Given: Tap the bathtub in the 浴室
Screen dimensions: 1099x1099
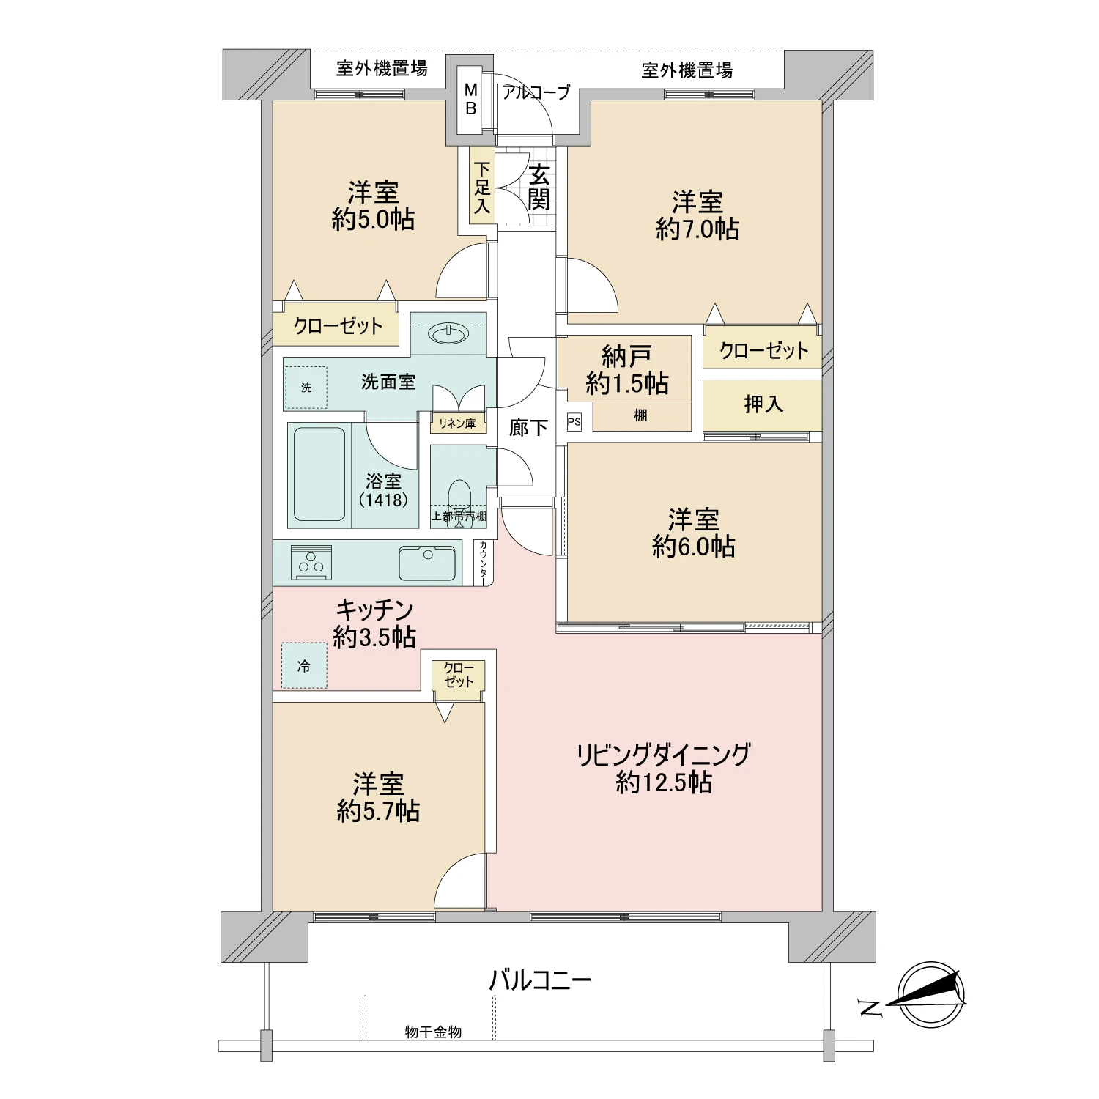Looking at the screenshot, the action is point(319,474).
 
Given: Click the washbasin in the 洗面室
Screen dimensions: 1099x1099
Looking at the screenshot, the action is point(448,335).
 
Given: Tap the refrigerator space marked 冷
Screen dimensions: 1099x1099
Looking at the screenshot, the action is point(305,666).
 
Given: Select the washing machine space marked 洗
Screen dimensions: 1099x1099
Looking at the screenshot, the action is point(306,388).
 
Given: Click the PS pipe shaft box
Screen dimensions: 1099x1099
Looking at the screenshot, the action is point(574,423).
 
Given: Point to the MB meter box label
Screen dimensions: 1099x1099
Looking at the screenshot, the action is point(471,99).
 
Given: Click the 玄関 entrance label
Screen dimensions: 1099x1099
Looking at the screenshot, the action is point(539,188).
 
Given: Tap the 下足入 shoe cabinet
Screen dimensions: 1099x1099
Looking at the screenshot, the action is point(481,188).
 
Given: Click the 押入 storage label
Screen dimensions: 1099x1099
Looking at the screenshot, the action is point(763,404).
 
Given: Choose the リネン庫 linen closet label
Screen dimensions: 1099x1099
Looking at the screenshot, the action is point(457,423).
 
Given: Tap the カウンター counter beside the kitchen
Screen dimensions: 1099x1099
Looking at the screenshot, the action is point(484,563).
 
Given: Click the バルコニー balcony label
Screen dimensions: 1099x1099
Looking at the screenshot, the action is point(540,980).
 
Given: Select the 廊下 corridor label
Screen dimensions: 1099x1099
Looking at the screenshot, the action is point(528,427).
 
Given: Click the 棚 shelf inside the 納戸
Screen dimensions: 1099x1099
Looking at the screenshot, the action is point(640,416).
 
